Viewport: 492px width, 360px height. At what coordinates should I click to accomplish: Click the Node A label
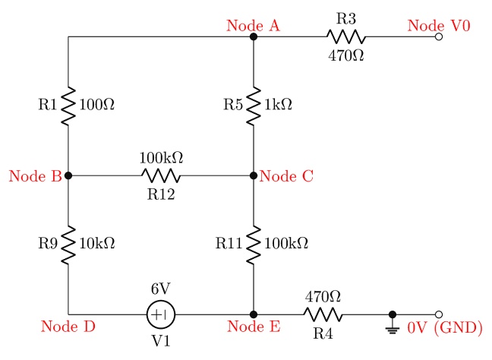[x=254, y=25]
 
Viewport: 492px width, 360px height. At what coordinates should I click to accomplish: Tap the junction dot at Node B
[x=68, y=175]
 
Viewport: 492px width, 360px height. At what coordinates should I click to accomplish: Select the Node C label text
[x=286, y=177]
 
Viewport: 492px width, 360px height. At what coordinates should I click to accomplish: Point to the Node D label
[x=68, y=327]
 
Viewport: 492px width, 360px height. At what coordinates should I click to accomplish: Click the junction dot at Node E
[x=254, y=314]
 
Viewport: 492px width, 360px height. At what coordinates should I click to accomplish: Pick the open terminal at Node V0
[x=438, y=36]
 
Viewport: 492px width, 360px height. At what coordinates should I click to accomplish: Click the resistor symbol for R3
[x=345, y=36]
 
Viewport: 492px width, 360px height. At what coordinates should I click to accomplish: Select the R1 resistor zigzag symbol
[x=68, y=106]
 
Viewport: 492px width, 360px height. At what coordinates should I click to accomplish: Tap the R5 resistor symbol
[x=254, y=106]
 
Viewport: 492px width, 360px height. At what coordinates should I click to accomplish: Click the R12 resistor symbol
[x=161, y=175]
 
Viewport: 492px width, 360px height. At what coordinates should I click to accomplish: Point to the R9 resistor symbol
[x=68, y=244]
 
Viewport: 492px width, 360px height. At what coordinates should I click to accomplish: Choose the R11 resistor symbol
[x=254, y=244]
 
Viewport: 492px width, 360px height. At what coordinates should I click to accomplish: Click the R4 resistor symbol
[x=323, y=314]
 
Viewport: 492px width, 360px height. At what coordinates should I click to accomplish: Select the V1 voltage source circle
[x=160, y=314]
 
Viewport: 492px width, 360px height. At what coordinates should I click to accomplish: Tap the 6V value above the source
[x=160, y=289]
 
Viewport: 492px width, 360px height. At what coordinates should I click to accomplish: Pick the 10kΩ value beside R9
[x=96, y=244]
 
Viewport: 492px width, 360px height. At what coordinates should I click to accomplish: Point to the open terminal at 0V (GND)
[x=438, y=314]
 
